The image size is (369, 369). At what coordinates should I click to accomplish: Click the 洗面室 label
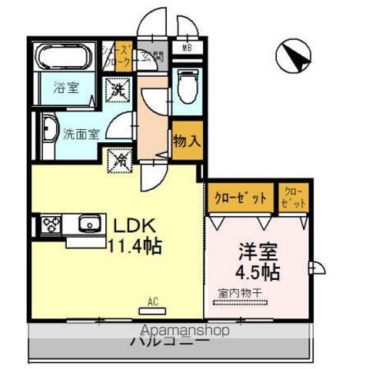point(80,131)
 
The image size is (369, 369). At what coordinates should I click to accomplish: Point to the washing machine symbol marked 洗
point(118,90)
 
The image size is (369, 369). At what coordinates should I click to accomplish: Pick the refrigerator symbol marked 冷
point(121,161)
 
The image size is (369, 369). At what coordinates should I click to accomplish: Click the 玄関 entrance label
point(156,56)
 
